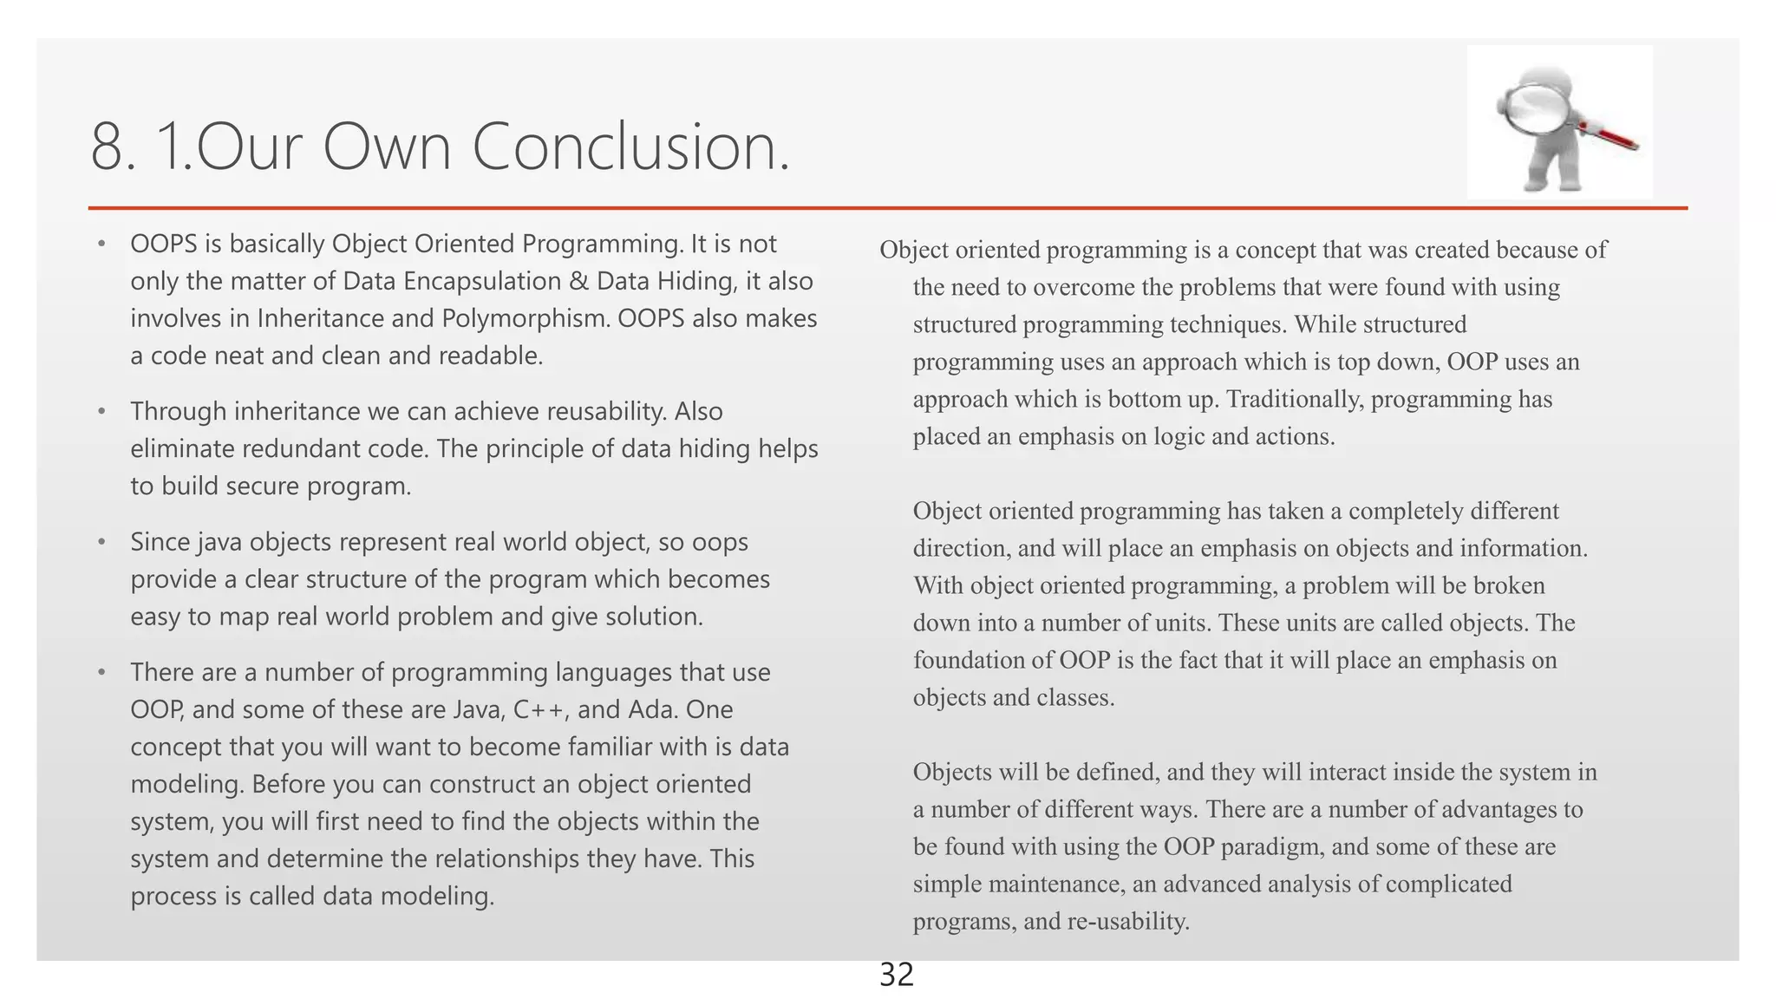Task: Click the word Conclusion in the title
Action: (630, 147)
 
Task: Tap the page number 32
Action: (897, 976)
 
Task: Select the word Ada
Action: (657, 710)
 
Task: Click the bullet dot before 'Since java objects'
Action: (101, 542)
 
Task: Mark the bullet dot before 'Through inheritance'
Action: (101, 411)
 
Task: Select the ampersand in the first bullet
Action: (579, 282)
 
